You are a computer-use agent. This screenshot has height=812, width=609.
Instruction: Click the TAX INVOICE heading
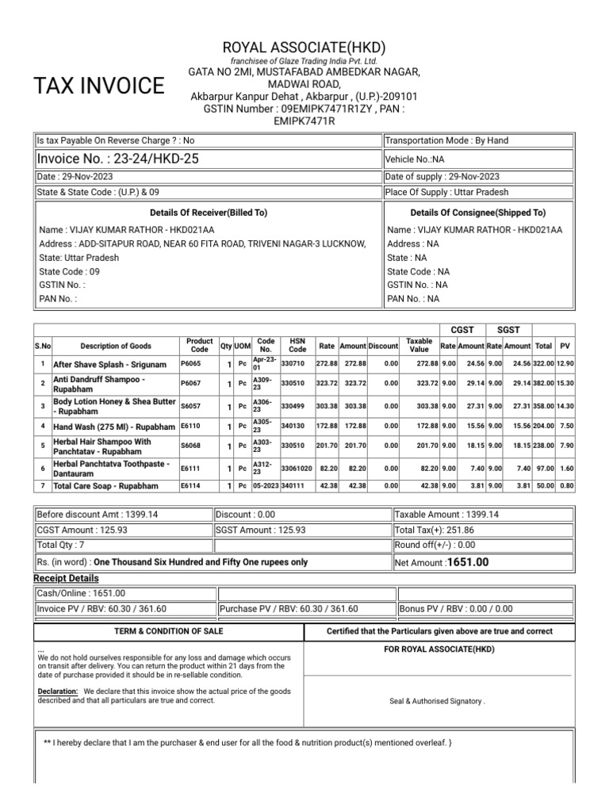click(x=98, y=86)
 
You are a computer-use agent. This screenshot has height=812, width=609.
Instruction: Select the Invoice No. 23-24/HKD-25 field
click(x=119, y=159)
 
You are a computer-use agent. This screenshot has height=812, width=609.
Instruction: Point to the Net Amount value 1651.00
click(x=468, y=562)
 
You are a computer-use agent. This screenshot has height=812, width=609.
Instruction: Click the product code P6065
click(x=191, y=363)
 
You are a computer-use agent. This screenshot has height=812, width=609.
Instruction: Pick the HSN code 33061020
click(x=297, y=469)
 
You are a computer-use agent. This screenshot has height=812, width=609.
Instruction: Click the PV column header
click(x=565, y=346)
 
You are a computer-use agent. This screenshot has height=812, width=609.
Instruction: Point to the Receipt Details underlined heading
click(x=67, y=578)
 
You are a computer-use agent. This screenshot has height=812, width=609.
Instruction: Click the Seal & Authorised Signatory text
click(x=437, y=701)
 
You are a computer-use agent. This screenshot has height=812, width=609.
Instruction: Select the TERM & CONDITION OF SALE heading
click(x=169, y=631)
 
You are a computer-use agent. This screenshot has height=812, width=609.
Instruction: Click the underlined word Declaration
click(x=57, y=691)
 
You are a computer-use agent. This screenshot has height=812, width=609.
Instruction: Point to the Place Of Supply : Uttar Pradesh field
click(x=446, y=192)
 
